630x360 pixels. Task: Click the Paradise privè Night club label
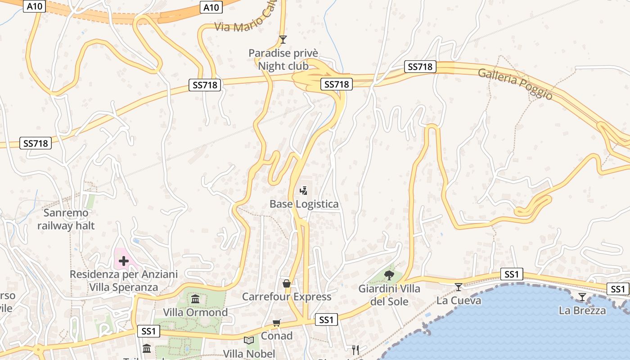[x=283, y=60]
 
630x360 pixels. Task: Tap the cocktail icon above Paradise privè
[x=283, y=40]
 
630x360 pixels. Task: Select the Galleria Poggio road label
[x=515, y=84]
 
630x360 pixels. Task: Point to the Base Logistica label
[x=304, y=204]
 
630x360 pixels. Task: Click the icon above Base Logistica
[x=304, y=191]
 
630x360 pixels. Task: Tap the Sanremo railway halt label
[x=66, y=219]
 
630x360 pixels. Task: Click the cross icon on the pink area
[x=123, y=261]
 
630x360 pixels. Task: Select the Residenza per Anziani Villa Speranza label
[x=124, y=281]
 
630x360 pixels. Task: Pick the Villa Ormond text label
[x=195, y=312]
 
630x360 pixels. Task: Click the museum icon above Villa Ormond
[x=195, y=299]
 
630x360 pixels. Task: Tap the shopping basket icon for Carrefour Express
[x=286, y=283]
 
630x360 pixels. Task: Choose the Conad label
[x=277, y=336]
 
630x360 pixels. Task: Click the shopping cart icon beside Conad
[x=277, y=323]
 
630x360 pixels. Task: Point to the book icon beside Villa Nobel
[x=249, y=340]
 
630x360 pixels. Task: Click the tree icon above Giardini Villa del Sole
[x=389, y=275]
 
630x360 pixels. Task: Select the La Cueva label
[x=459, y=300]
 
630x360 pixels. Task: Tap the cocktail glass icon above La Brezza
[x=582, y=297]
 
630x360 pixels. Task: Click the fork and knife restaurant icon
[x=355, y=349]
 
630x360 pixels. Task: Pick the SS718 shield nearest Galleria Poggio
[x=420, y=67]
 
